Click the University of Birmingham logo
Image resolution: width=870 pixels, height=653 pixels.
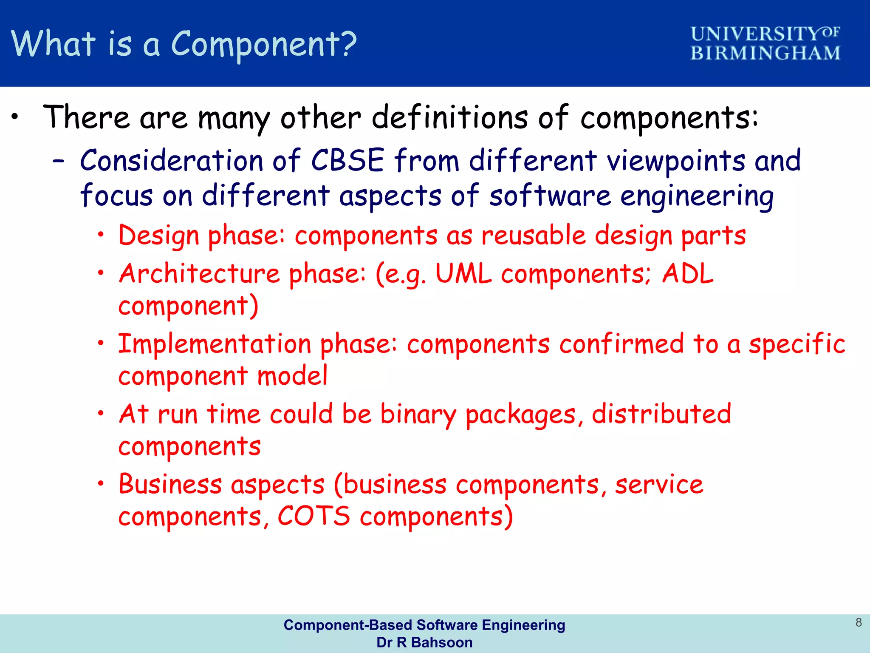[x=765, y=43]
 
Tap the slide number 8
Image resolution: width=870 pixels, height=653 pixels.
[x=859, y=622]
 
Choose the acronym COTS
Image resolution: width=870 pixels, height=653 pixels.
[x=314, y=516]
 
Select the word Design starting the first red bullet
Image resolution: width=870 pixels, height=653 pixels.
[x=158, y=236]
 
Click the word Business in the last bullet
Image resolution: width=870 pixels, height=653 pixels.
[x=170, y=484]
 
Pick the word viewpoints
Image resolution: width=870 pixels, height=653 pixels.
[x=676, y=162]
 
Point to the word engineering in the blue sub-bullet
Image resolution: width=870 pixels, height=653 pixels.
[x=697, y=196]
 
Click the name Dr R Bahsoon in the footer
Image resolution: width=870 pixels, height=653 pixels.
[x=424, y=642]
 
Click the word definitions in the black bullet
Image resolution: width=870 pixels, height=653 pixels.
[x=450, y=117]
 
